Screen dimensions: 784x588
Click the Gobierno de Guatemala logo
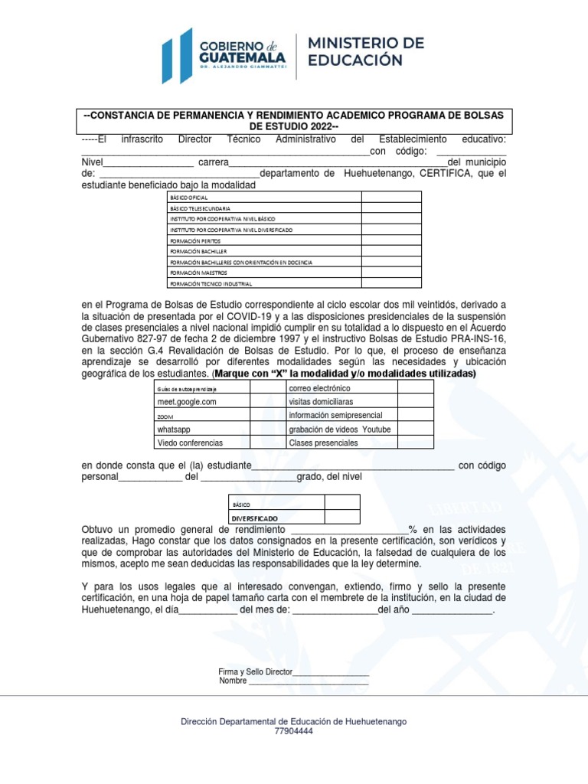(223, 51)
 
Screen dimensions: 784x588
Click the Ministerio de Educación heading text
(365, 51)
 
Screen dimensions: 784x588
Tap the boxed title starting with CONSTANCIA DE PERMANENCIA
(297, 120)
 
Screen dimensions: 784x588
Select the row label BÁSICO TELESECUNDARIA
(201, 208)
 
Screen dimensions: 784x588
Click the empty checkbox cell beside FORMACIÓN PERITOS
(391, 240)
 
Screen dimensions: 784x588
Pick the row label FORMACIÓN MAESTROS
(195, 273)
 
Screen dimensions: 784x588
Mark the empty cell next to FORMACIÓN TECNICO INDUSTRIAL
(391, 283)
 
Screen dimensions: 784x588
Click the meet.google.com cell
(187, 401)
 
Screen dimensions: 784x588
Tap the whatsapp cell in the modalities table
(174, 429)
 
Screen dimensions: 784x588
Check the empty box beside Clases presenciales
(415, 443)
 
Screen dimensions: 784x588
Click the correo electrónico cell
(319, 387)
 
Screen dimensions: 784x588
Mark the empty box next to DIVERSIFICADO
(341, 517)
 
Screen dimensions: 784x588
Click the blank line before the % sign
(350, 530)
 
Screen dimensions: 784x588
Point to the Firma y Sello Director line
(293, 671)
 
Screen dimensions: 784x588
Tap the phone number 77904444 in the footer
(293, 731)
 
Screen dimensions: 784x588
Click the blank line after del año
(452, 610)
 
